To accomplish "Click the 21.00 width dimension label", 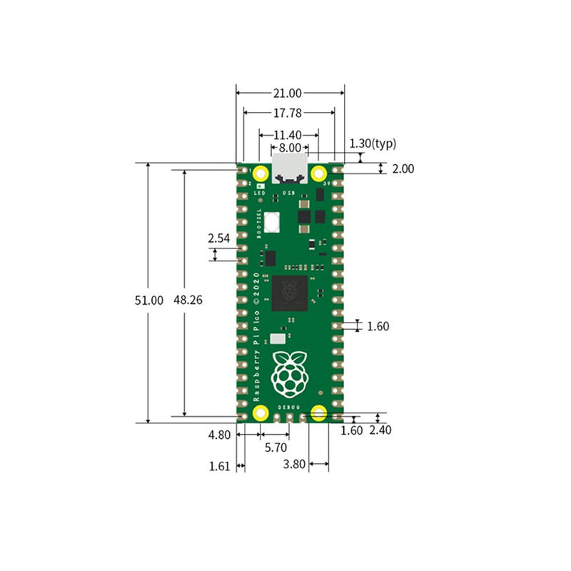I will [290, 93].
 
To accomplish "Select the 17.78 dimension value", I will [289, 112].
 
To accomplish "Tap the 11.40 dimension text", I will [288, 134].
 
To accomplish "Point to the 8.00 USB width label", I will [289, 148].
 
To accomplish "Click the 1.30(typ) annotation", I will [373, 143].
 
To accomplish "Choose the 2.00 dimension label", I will [403, 169].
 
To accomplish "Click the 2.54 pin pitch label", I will [219, 238].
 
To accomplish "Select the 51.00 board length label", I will [149, 300].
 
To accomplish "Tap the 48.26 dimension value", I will [188, 300].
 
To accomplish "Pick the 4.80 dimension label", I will [219, 434].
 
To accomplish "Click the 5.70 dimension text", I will [276, 448].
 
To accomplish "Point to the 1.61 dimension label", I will [219, 466].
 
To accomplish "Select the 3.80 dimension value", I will [294, 464].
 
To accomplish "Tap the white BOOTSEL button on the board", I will [272, 223].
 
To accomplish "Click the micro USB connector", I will [290, 169].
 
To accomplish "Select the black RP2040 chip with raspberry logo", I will [290, 293].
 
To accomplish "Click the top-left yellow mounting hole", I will [260, 173].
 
